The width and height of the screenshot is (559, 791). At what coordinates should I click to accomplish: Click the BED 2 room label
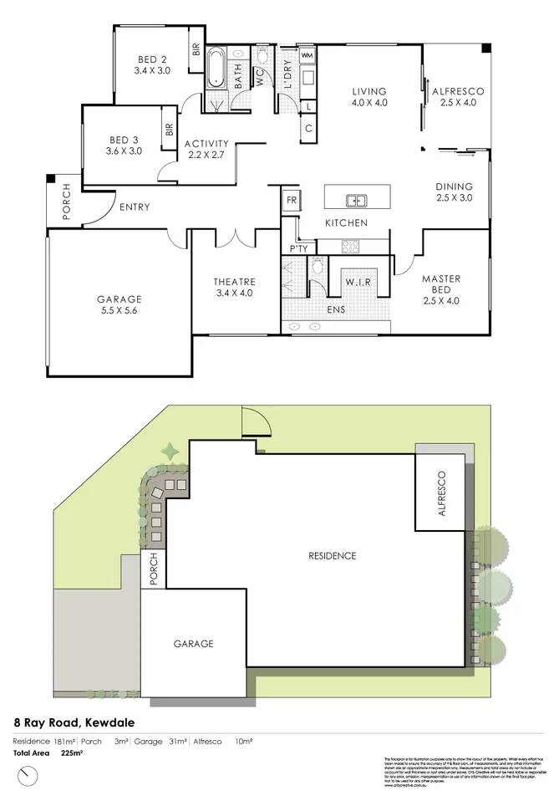click(x=151, y=59)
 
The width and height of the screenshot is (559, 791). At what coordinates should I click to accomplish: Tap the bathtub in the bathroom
click(x=216, y=69)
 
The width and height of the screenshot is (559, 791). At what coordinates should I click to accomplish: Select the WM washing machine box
click(x=307, y=55)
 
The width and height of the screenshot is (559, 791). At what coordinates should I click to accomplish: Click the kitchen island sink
click(x=357, y=201)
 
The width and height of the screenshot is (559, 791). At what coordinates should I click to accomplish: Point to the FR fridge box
click(x=292, y=201)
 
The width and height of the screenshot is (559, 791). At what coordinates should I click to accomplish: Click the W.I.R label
click(x=358, y=282)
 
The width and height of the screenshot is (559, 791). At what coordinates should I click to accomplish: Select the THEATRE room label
click(x=235, y=282)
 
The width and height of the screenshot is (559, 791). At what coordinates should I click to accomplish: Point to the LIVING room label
click(x=368, y=92)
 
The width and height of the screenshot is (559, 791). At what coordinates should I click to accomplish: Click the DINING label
click(x=454, y=186)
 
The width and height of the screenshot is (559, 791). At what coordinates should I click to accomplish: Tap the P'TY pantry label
click(x=298, y=249)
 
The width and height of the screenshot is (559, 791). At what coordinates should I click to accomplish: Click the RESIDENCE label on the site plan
click(x=332, y=555)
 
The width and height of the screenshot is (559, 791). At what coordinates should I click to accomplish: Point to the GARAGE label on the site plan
click(x=193, y=644)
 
